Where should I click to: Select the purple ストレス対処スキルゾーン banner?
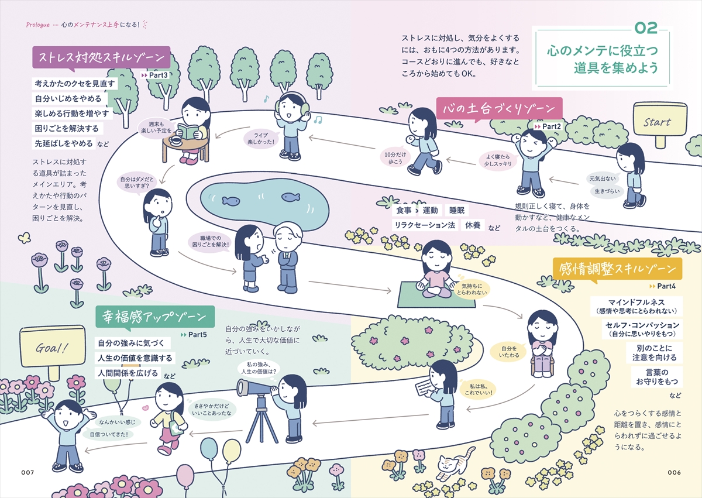point(101,57)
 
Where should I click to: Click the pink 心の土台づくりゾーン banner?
point(499,108)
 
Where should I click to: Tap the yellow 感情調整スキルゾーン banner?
point(617,269)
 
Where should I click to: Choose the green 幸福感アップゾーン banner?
point(155,317)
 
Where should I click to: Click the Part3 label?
point(155,75)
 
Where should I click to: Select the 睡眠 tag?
point(457,210)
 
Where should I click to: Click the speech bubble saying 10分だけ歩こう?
point(395,158)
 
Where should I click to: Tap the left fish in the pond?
point(231,201)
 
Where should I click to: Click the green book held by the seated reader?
point(187,131)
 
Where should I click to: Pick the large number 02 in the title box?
point(646,29)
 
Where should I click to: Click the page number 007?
point(27,472)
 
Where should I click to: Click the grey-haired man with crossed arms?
point(287,257)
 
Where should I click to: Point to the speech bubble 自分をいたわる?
point(509,352)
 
